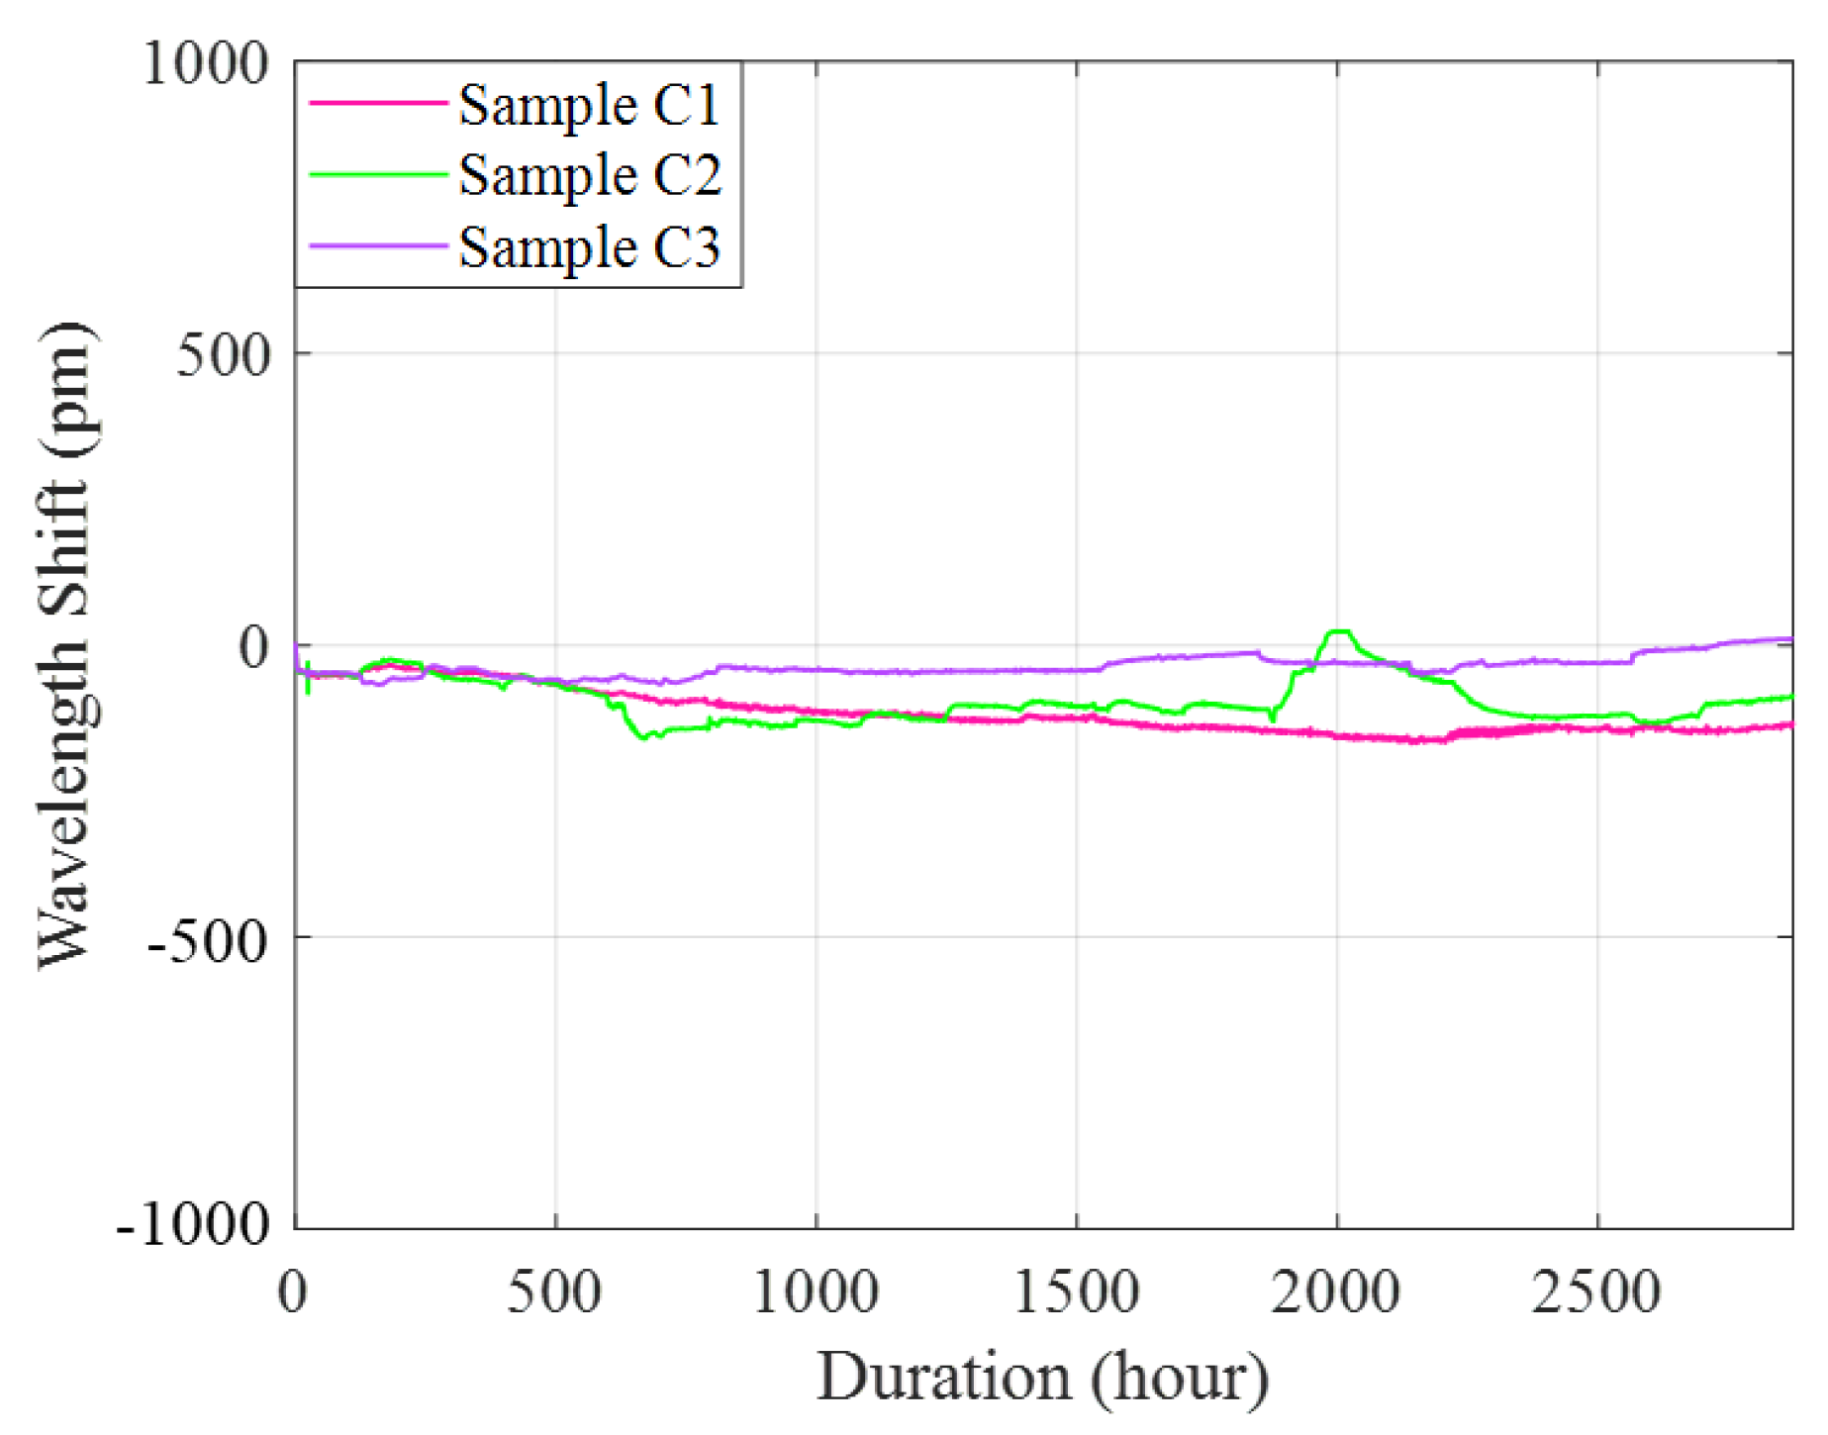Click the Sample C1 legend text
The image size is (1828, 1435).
[x=589, y=105]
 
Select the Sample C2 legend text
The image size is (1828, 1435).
[x=589, y=176]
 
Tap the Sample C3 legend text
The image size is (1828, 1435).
[x=589, y=247]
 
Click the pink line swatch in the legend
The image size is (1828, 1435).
[x=378, y=103]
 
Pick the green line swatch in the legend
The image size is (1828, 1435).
[x=378, y=174]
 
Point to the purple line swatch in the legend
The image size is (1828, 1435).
[x=378, y=245]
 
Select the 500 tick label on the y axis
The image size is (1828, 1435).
[x=223, y=355]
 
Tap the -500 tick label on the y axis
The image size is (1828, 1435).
[x=208, y=941]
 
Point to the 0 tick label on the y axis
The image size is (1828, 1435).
[x=253, y=647]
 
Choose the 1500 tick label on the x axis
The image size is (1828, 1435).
[x=1076, y=1292]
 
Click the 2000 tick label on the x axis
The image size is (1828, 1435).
[x=1336, y=1292]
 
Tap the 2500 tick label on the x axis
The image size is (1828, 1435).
[x=1596, y=1292]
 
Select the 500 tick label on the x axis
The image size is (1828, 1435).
[x=554, y=1292]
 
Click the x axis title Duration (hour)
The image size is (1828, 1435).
[x=1042, y=1377]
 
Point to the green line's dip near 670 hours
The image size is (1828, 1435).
[x=644, y=736]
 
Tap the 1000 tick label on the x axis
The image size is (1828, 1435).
[x=816, y=1292]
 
